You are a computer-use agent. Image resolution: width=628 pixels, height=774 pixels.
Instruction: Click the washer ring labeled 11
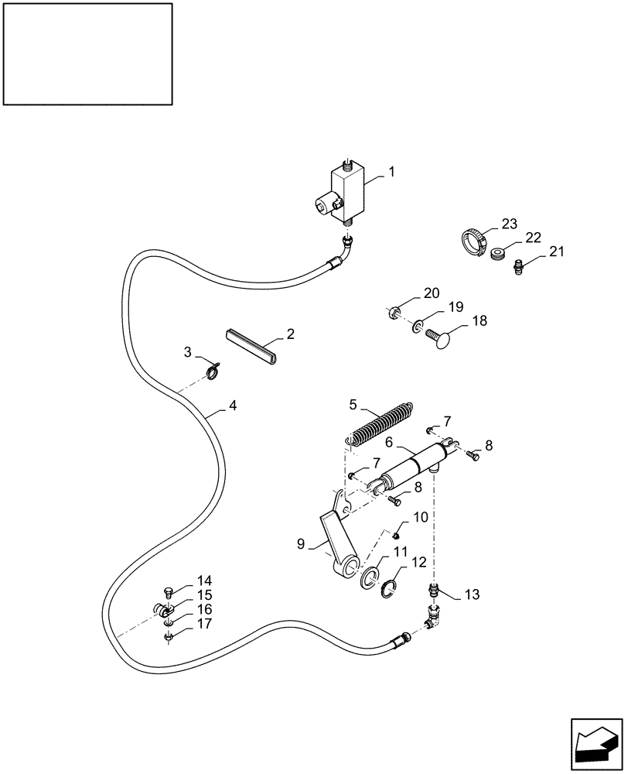click(x=370, y=577)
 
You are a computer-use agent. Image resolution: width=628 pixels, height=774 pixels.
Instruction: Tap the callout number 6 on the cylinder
click(x=389, y=442)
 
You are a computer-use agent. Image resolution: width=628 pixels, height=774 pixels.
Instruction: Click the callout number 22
click(x=534, y=238)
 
